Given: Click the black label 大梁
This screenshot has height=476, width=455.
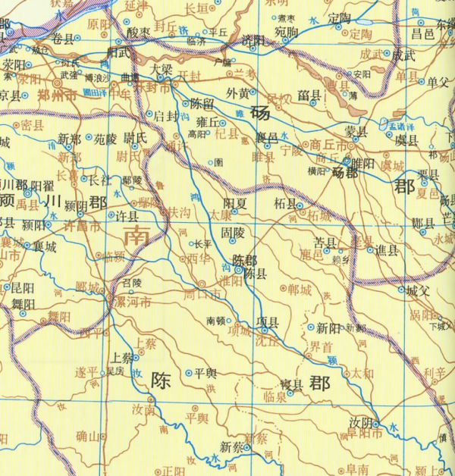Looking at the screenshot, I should pos(162,68).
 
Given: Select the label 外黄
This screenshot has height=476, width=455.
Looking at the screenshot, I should pos(238,95).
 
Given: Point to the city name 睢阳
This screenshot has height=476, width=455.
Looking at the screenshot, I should pos(361,161).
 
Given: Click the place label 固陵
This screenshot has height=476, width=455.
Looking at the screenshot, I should pos(232,236).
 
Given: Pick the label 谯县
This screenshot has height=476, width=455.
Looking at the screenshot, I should pos(387,250).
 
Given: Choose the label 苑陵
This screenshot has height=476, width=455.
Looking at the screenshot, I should pos(105,139).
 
